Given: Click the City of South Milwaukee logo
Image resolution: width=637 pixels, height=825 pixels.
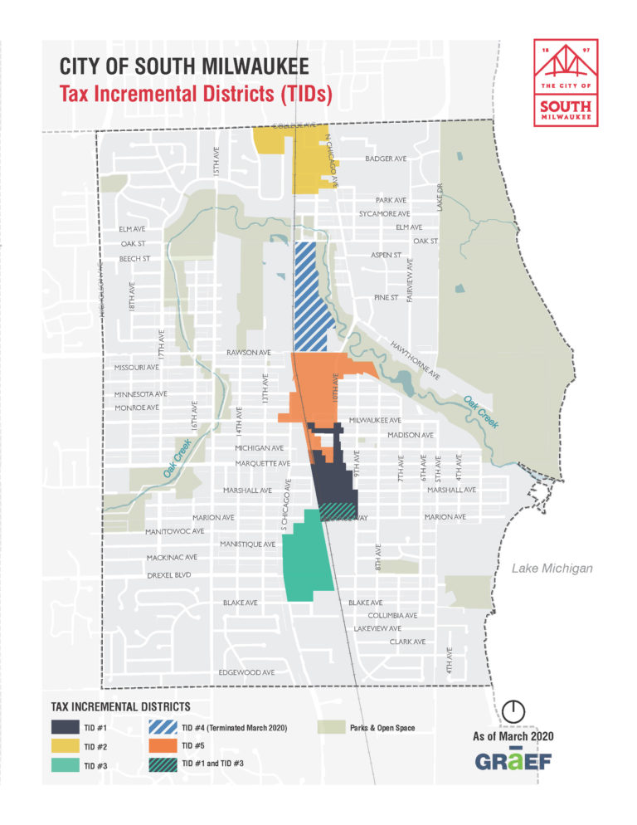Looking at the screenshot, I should coord(565,83).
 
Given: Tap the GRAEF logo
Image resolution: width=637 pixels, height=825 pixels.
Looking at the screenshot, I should coord(511,760).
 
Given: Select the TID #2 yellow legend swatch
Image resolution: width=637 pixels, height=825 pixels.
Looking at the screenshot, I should coord(64,746).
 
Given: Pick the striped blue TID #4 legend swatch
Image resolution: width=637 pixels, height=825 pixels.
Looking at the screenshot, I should coord(163,728).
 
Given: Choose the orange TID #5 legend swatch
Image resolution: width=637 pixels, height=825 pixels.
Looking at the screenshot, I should coord(163,746).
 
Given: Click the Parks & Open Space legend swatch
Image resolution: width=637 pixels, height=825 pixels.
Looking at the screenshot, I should coord(333,728).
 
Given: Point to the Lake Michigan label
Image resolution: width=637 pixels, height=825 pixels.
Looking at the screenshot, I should coord(552,569).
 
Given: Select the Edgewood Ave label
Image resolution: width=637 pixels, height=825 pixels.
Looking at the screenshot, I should coord(246,671).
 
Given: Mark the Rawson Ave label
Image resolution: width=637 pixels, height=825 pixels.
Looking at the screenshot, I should coord(249,353).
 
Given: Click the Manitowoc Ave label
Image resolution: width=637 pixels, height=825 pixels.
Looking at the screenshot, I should coord(174,531).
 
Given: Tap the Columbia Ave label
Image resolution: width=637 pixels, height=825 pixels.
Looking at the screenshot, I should coord(392,616).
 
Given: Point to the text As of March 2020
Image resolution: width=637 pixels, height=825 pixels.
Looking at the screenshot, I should coord(512,736).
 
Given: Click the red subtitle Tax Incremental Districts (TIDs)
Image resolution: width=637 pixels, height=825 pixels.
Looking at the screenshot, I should coord(196,95).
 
